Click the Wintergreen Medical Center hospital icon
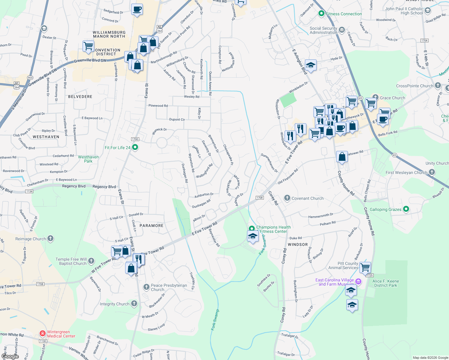[x=43, y=334]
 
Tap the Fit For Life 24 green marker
[x=135, y=147]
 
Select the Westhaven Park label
[x=88, y=159]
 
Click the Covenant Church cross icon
[x=287, y=198]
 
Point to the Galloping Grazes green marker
[x=406, y=209]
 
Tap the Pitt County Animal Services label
[x=343, y=265]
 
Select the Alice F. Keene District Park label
[x=386, y=283]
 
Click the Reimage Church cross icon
[x=50, y=238]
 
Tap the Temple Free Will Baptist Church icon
[x=91, y=261]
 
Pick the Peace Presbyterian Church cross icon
[x=146, y=287]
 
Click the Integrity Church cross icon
[x=134, y=304]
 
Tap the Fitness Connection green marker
[x=321, y=13]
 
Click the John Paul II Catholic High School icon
[x=428, y=10]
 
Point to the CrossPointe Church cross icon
[x=438, y=85]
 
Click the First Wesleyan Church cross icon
[x=432, y=172]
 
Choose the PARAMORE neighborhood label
[x=152, y=226]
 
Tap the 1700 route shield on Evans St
[x=135, y=139]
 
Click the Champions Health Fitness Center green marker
[x=252, y=229]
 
